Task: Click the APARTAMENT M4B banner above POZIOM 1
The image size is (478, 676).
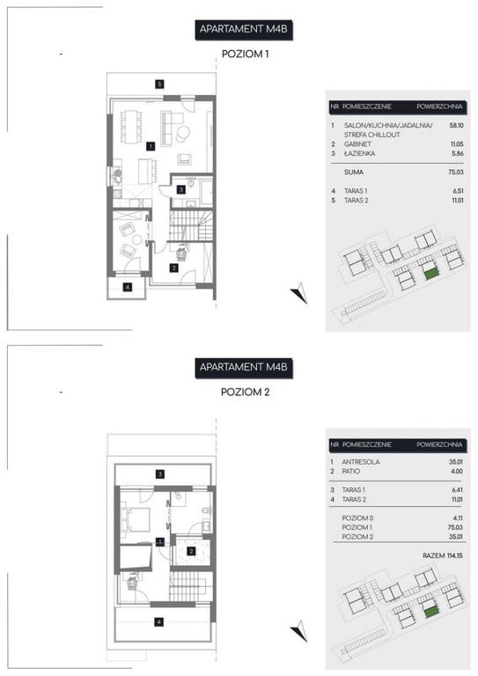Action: (244, 30)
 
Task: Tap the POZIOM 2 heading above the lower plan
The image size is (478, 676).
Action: (246, 392)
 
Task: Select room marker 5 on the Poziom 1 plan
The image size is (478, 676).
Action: (160, 84)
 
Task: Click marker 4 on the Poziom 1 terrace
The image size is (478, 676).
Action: (127, 287)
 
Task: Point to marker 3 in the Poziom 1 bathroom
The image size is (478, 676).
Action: (181, 189)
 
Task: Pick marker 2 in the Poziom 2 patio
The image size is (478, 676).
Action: (191, 550)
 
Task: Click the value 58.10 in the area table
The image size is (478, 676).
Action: (457, 126)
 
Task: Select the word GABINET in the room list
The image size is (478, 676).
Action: (357, 144)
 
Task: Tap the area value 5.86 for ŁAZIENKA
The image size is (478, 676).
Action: (457, 153)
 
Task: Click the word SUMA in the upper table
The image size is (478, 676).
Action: (354, 172)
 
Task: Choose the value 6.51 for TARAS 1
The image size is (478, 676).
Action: (458, 190)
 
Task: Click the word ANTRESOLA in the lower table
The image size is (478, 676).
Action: (361, 462)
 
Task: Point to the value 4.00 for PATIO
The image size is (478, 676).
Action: (457, 471)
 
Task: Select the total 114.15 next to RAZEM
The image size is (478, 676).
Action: (455, 555)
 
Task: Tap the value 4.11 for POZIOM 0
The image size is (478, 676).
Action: (457, 518)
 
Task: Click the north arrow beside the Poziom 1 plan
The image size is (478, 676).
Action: (299, 293)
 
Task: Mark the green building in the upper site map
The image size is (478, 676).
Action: (431, 274)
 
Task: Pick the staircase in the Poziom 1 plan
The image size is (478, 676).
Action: (191, 225)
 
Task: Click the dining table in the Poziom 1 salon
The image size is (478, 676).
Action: (131, 127)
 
